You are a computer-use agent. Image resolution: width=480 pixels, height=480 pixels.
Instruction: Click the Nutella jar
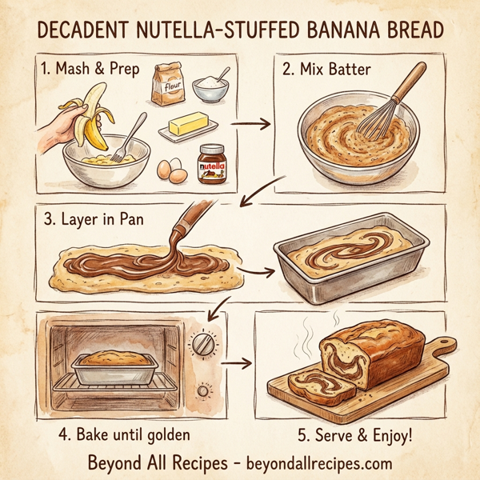click(x=211, y=163)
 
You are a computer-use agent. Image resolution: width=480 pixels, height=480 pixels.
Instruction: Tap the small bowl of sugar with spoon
click(x=210, y=87)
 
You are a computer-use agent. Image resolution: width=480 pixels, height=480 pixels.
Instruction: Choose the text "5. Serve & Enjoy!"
click(x=354, y=436)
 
